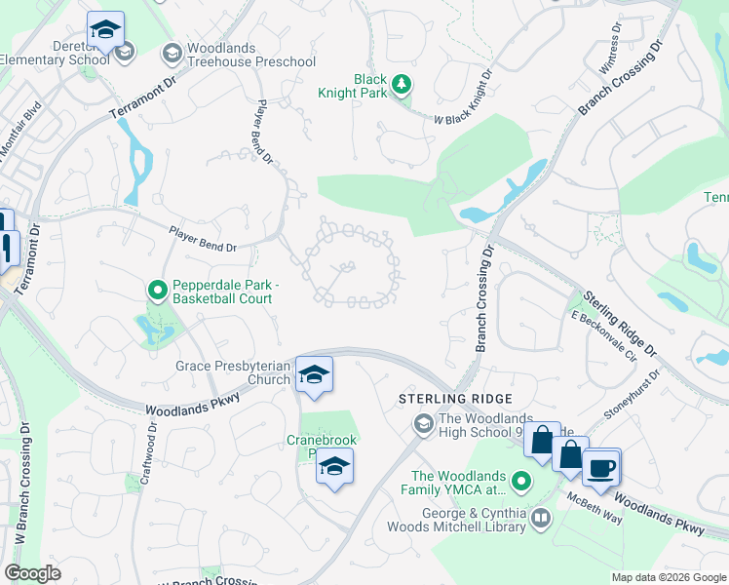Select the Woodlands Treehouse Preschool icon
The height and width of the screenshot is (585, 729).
[173, 52]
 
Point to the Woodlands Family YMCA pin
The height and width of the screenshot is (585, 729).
[521, 482]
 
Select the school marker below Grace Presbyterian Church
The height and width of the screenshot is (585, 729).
[315, 374]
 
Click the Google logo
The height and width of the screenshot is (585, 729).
[32, 573]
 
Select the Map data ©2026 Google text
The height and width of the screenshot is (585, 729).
[669, 577]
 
